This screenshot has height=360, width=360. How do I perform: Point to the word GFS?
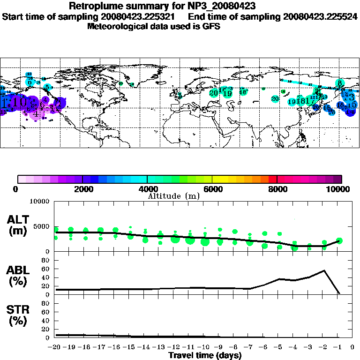211,26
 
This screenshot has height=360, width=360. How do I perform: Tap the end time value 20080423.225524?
320,16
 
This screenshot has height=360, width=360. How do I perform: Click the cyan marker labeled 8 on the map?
339,83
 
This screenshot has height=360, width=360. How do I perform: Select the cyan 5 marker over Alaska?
47,87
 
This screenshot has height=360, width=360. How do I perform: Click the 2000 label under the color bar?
82,189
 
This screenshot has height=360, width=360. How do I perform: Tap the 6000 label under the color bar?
212,189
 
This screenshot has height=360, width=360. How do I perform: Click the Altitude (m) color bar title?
174,196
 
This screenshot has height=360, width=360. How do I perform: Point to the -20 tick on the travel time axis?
55,347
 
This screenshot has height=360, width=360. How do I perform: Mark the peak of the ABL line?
324,270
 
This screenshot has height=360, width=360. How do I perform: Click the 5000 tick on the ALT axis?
42,226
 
